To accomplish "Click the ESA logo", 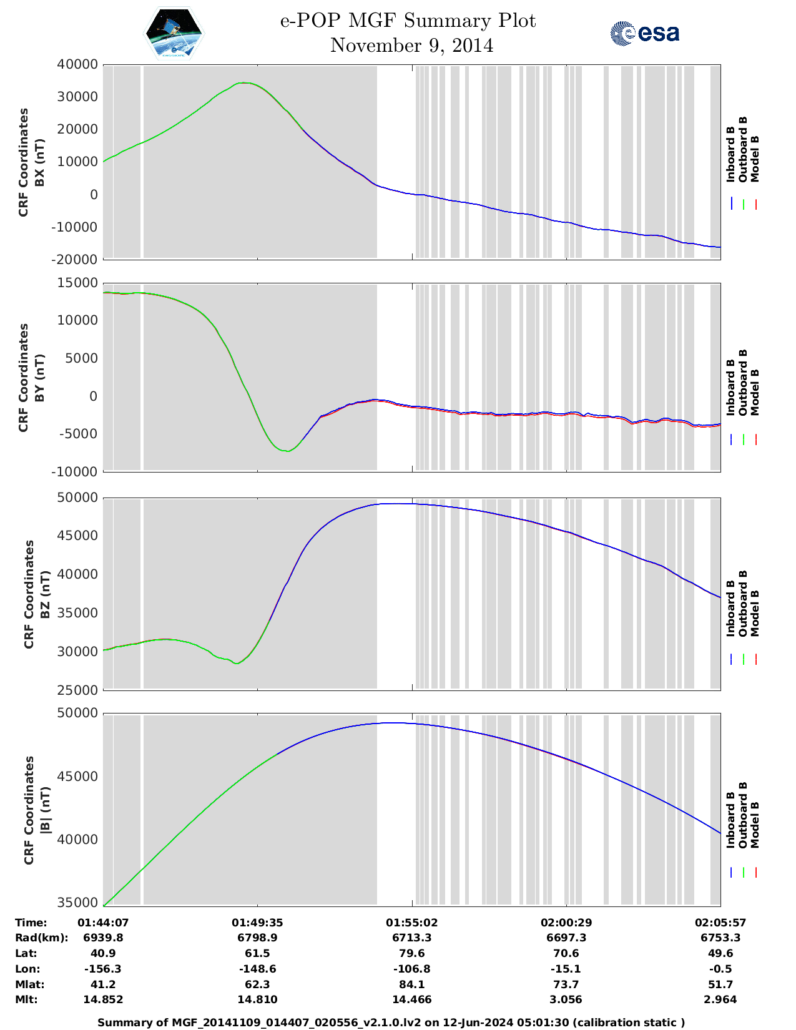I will (x=645, y=33).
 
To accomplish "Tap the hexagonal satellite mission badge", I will (x=174, y=33).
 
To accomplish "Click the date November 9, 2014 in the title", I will (x=411, y=46).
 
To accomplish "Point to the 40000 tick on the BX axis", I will (x=77, y=64).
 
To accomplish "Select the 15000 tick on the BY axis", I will (x=77, y=283).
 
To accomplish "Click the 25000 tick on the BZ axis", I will (x=77, y=690).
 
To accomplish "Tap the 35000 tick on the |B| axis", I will (x=77, y=903).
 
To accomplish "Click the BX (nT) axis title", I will (x=39, y=162).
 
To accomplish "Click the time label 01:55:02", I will (x=411, y=923).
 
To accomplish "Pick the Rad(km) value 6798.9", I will (x=257, y=938).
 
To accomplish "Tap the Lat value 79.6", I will (x=411, y=953).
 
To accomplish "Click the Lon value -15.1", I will (x=566, y=969).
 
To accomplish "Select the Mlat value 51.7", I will (x=720, y=984).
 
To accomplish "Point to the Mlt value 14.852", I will (x=103, y=999).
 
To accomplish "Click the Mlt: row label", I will (x=26, y=999).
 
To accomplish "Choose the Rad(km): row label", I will (x=41, y=938).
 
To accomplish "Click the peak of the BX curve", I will (x=245, y=82).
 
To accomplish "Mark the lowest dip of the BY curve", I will (x=286, y=451).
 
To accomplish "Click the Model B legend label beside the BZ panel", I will (x=755, y=613).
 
